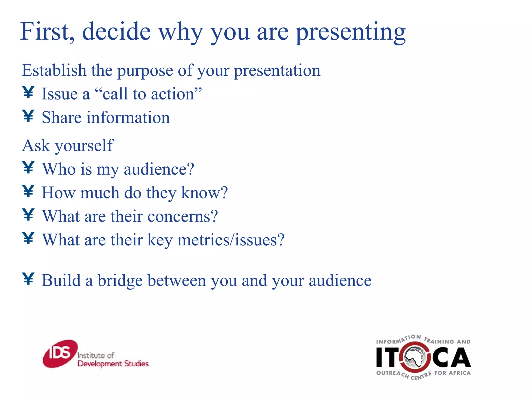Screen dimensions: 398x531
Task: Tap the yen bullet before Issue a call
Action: coord(28,93)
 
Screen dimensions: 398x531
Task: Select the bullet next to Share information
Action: coord(28,116)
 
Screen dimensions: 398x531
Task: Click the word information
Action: coord(128,118)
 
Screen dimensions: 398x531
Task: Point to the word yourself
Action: coord(84,146)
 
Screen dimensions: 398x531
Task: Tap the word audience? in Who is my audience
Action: coord(159,169)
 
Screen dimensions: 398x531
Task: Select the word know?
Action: coord(204,193)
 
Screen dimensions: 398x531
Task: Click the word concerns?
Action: coord(183,216)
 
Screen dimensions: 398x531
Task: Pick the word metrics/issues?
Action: coord(231,240)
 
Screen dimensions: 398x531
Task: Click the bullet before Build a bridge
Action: coord(28,279)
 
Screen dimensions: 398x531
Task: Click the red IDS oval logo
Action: coord(60,354)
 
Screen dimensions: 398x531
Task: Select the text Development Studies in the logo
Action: coord(113,364)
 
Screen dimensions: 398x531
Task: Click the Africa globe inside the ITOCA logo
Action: coord(416,357)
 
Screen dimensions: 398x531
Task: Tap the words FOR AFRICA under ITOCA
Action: coord(452,373)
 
